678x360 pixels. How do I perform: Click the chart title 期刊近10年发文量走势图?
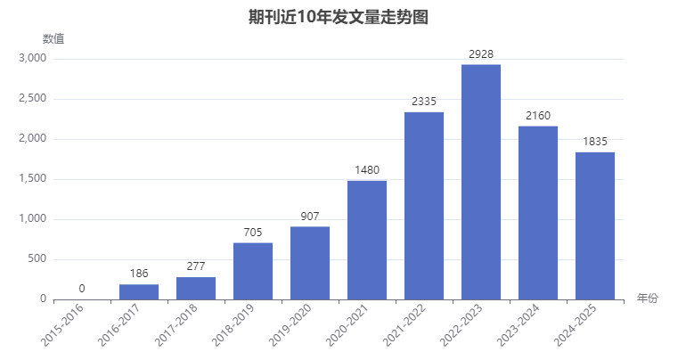[339, 17]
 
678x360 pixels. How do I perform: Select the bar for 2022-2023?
[481, 182]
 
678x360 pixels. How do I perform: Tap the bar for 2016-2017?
[139, 292]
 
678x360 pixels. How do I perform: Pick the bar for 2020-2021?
[367, 240]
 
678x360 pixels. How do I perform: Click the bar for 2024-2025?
[595, 225]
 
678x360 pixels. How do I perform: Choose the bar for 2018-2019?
[253, 271]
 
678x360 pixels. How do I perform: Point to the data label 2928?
[481, 54]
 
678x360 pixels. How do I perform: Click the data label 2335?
[424, 102]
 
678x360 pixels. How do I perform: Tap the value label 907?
[310, 217]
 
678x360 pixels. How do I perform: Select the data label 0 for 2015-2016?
[82, 289]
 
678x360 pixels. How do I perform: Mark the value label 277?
[196, 266]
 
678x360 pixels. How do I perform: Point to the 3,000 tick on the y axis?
[32, 59]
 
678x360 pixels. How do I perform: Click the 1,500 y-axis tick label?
[32, 179]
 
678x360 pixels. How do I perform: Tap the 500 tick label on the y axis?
[37, 258]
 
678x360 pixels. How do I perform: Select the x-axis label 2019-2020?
[290, 325]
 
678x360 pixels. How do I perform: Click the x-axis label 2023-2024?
[518, 325]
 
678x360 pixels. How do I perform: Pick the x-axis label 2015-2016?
[61, 325]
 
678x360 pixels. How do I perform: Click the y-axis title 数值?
[53, 39]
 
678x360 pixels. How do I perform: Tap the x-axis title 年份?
[648, 299]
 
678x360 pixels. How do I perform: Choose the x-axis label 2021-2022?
[404, 325]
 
